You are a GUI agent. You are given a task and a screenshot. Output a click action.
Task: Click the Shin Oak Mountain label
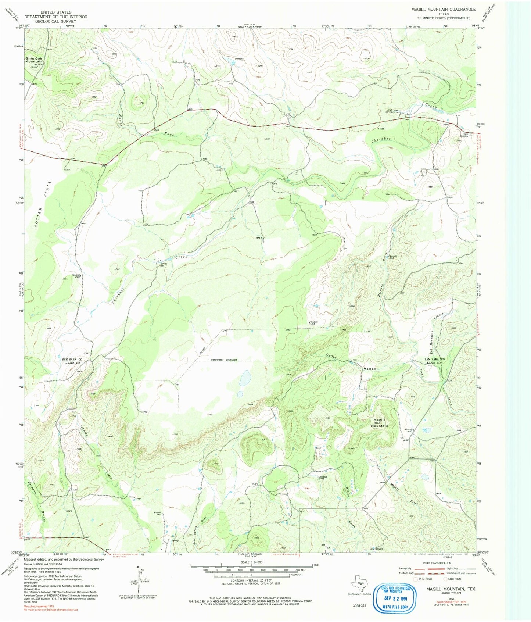34,60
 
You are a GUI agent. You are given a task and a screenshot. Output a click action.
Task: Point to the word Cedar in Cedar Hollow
332,356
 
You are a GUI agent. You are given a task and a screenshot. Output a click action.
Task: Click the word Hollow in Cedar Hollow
370,368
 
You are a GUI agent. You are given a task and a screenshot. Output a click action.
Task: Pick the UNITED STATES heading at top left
56,12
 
